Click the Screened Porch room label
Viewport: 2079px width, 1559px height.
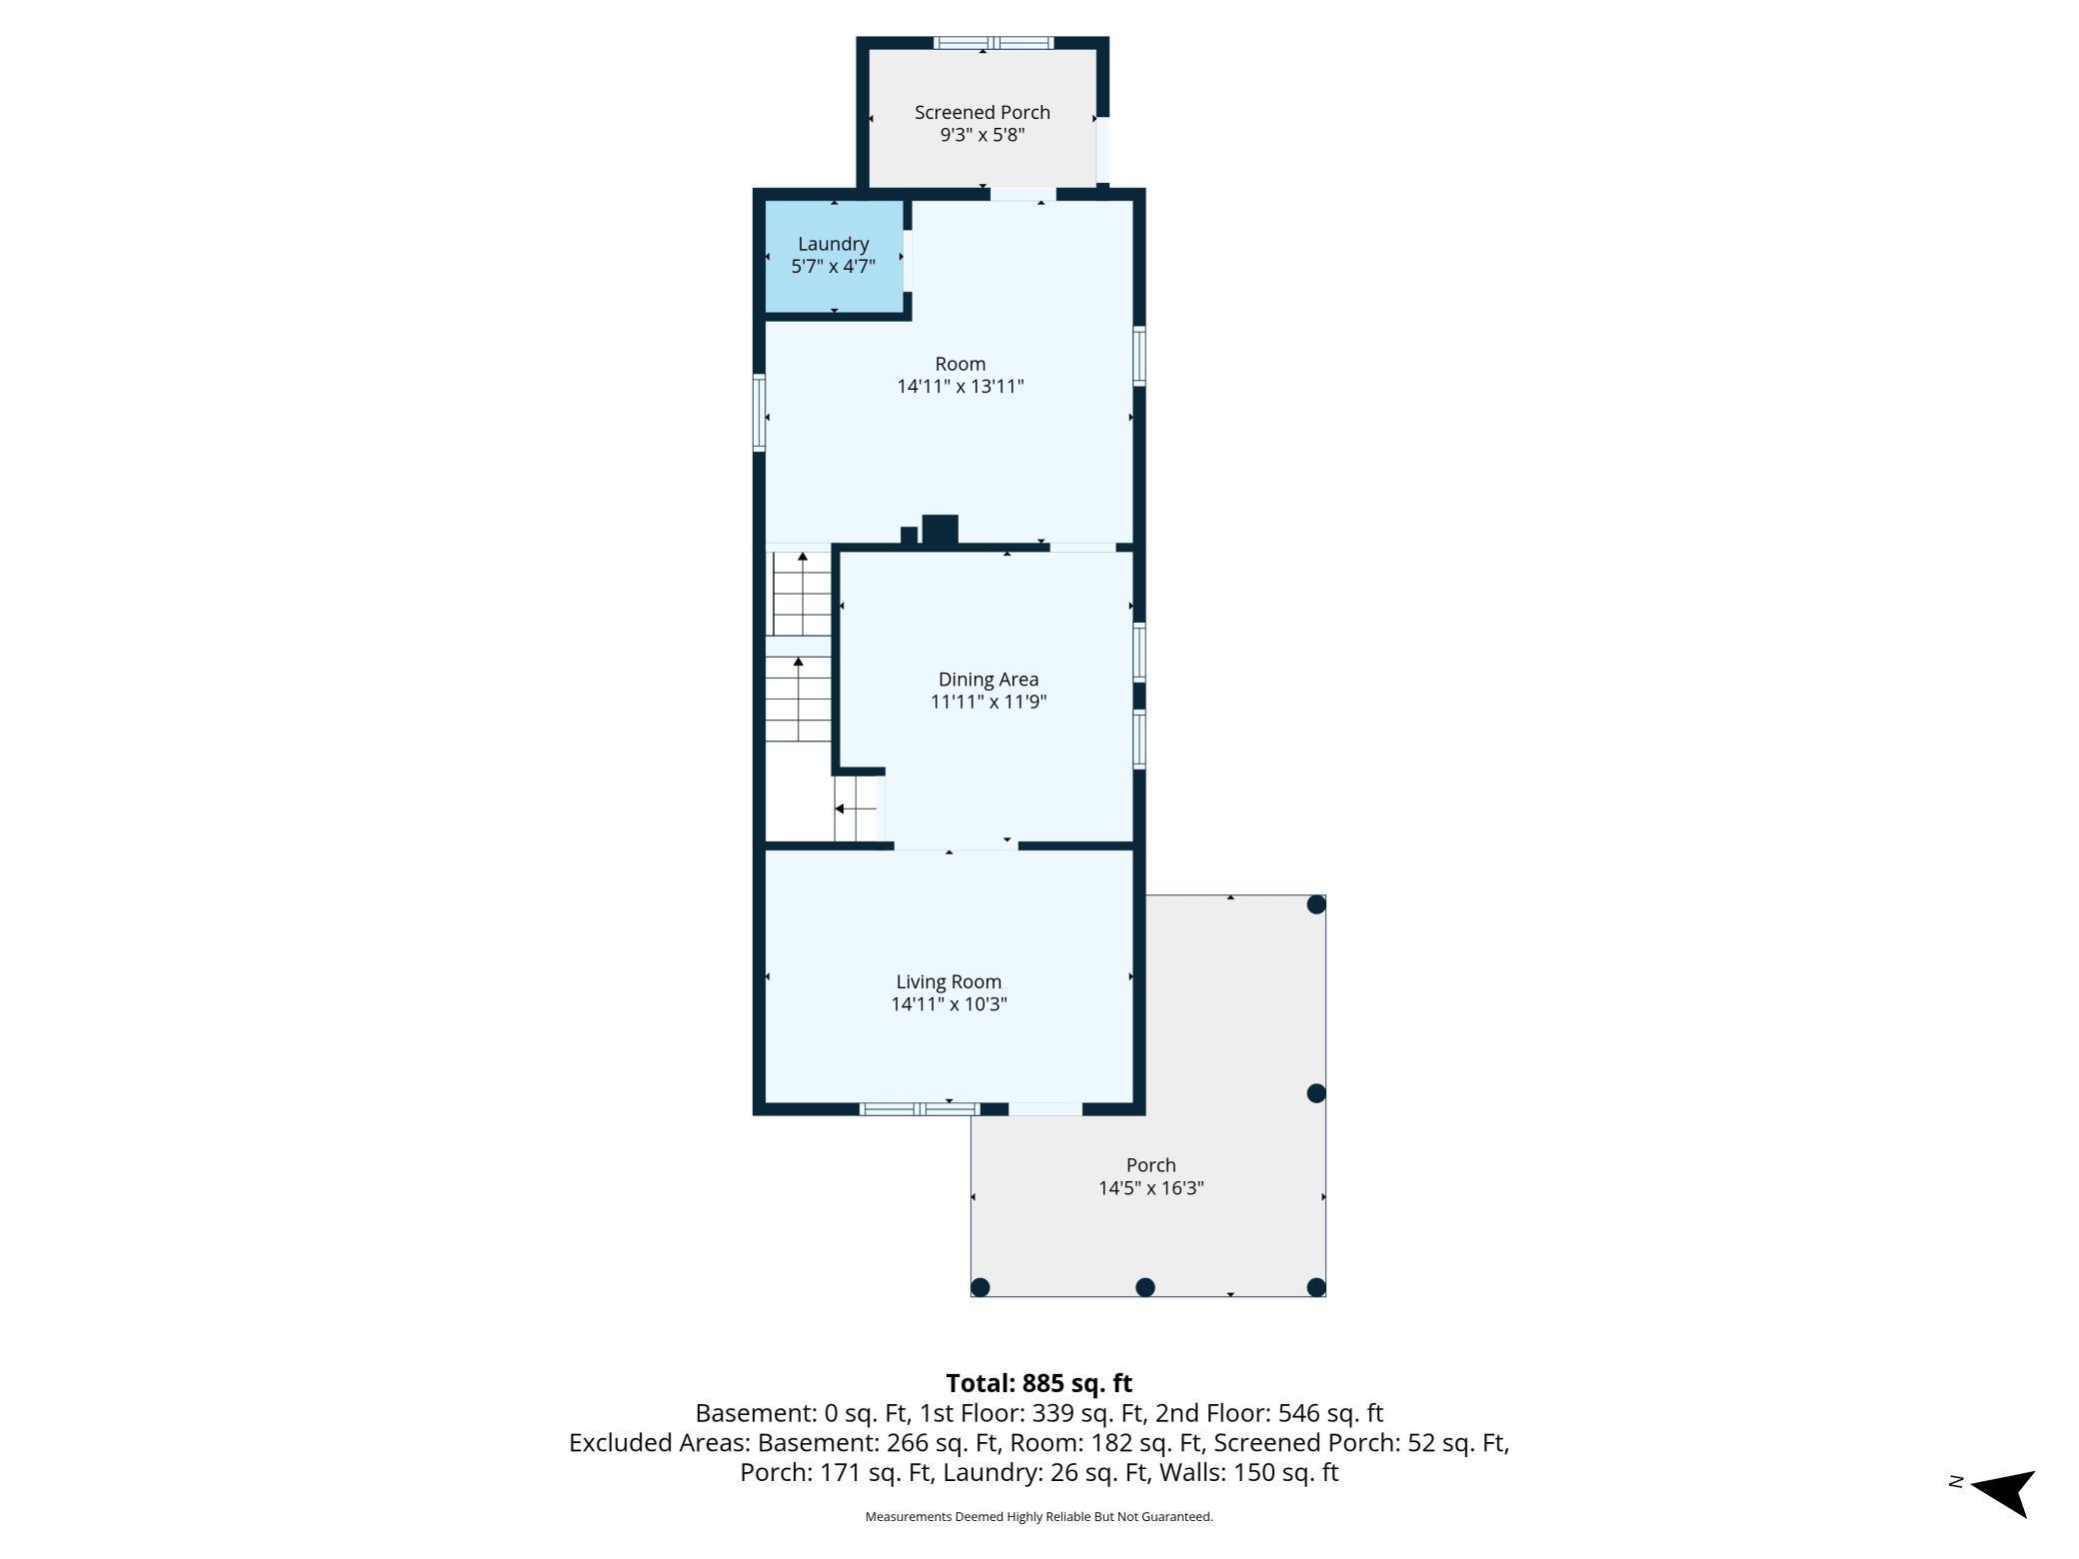982,113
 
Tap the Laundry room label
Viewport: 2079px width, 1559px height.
833,244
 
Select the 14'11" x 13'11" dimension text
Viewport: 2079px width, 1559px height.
960,387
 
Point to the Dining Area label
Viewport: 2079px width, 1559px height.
988,680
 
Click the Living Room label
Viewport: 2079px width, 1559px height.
948,982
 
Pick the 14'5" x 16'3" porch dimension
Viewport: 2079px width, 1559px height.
1150,1188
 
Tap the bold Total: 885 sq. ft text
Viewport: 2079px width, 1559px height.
1039,1383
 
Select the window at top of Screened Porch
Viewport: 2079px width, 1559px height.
993,43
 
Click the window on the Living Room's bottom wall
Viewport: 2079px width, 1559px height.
920,1108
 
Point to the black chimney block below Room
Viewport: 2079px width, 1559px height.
940,530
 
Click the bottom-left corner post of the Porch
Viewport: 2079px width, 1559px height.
981,1287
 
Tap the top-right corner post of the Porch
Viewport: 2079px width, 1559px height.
1316,904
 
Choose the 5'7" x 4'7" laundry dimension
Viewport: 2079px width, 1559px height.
833,267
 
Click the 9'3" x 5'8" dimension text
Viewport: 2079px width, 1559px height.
982,135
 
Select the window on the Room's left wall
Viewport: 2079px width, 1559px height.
760,412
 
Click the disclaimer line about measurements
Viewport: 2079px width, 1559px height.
1039,1517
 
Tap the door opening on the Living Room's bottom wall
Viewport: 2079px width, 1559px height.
1045,1108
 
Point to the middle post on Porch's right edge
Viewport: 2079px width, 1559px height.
1316,1093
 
